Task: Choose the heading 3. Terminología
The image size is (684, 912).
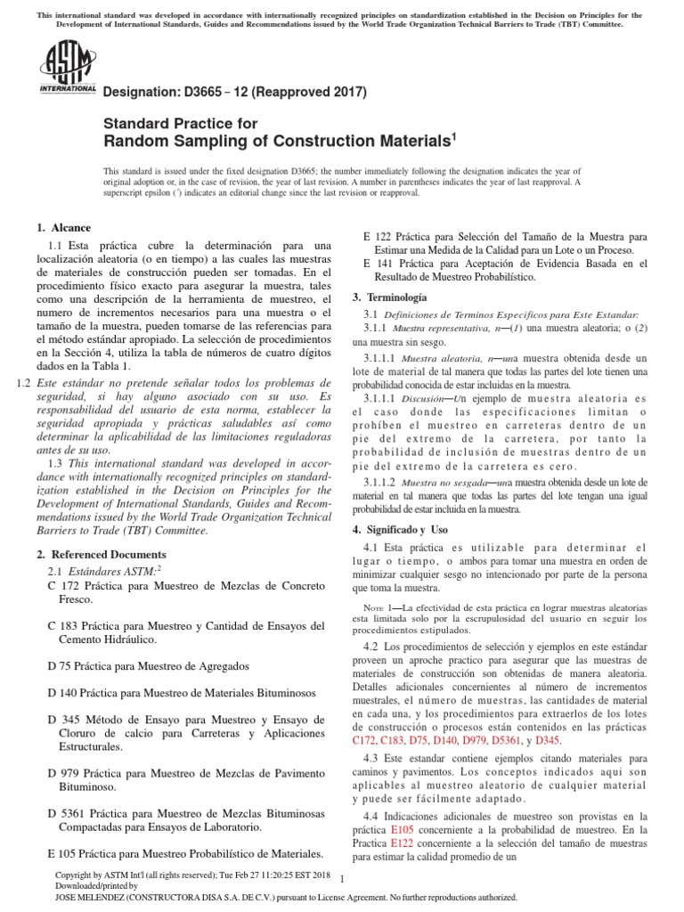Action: coord(390,297)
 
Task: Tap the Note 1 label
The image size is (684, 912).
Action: coord(378,607)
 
